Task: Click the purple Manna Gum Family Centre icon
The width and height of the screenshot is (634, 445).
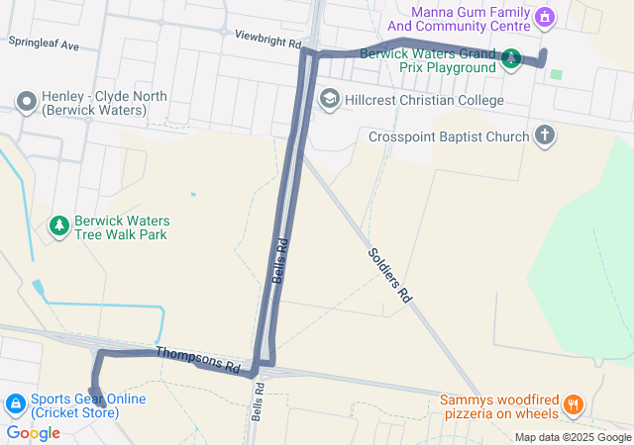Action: coord(543,17)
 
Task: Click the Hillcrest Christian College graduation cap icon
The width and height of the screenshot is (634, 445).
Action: coord(329,100)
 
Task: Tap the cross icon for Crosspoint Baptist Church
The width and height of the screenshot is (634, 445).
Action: coord(544,135)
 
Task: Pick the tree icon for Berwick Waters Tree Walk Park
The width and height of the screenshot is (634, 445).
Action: coord(59,226)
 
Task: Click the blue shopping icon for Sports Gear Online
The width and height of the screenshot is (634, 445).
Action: coord(16,404)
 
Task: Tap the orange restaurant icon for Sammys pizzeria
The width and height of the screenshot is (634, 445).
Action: coord(573,404)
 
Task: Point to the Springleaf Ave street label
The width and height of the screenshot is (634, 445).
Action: coord(43,44)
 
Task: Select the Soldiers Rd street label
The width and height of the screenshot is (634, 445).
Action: coord(389,274)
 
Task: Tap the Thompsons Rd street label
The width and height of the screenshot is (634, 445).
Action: coord(198,359)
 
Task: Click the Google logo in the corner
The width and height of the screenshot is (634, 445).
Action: coord(33,432)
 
